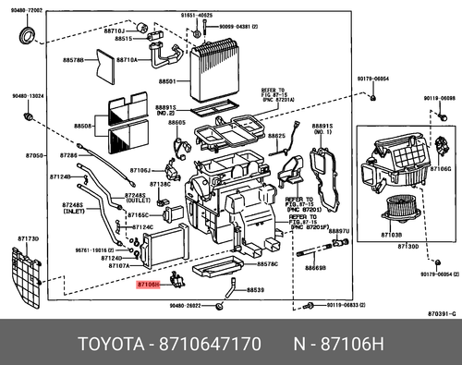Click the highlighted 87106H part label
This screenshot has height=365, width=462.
[149, 286]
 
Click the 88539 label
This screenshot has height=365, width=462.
[254, 290]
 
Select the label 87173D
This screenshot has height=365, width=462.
[28, 238]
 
